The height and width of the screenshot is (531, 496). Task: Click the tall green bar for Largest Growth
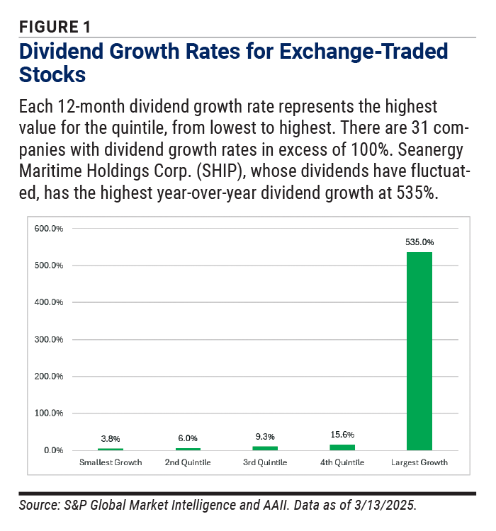419,350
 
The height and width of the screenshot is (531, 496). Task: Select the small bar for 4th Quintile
342,447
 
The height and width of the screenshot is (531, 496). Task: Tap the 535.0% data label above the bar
419,241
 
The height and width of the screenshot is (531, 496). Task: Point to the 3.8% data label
110,439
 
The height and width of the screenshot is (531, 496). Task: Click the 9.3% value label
265,437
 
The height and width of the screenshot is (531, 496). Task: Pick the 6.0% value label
188,438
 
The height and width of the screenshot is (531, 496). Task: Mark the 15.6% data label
342,434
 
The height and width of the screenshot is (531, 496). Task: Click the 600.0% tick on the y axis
49,229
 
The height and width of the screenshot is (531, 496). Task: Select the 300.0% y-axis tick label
49,339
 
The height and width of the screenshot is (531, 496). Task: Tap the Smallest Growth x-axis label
110,463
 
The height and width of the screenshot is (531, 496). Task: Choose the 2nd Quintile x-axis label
188,463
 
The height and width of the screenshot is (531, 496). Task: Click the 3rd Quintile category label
265,463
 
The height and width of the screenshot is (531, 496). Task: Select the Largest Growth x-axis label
419,463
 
